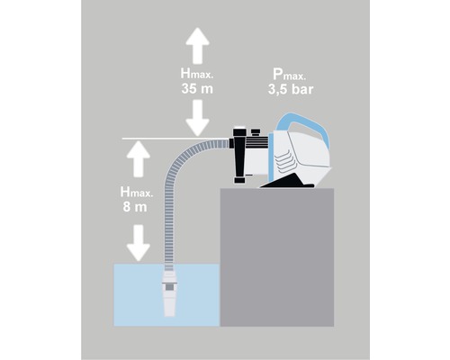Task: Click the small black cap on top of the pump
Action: (241, 130)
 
